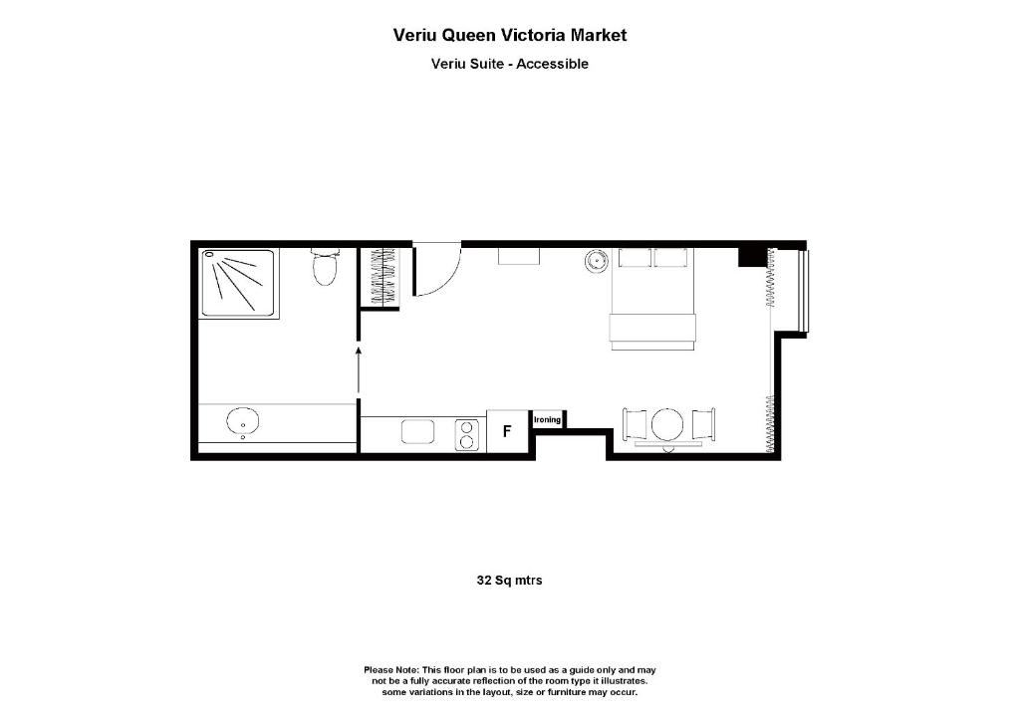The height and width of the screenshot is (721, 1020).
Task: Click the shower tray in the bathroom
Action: point(239,283)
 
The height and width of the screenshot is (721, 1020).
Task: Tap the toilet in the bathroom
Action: point(325,267)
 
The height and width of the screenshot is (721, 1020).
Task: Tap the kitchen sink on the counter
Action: point(418,432)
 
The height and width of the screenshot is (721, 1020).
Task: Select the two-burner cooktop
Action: point(466,434)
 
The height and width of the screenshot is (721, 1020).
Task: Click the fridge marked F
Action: point(507,432)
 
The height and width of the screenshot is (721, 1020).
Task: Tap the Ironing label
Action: point(548,420)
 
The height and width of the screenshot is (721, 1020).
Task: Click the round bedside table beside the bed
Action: point(597,262)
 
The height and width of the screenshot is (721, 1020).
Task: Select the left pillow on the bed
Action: point(635,258)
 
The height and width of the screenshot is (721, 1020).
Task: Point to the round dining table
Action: point(667,425)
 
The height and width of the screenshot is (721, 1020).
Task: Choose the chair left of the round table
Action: point(635,425)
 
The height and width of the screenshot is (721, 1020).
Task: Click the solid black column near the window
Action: point(750,257)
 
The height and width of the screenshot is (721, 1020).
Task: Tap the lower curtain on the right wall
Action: point(769,424)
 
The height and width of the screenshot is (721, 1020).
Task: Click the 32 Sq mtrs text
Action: point(509,580)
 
